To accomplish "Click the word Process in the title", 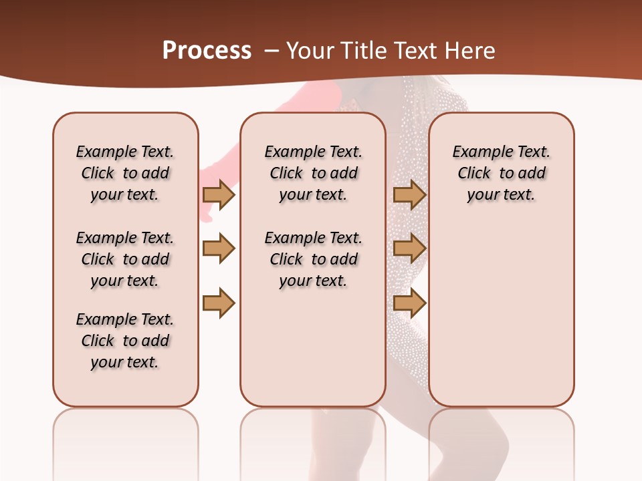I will coord(207,50).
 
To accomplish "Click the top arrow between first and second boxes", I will coord(219,194).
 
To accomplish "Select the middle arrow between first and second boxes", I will coord(219,249).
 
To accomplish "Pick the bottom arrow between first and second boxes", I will coord(219,303).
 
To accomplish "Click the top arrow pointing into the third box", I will coord(409,194).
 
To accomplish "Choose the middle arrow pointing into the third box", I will coord(409,249).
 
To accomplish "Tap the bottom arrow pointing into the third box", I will coord(409,303).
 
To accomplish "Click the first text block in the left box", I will coord(125,173).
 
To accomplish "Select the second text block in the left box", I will coord(125,259).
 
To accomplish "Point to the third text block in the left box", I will coord(125,341).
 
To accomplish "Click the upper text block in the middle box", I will coord(313,173).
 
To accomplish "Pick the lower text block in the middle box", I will coord(313,259).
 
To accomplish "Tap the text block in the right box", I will coord(501,173).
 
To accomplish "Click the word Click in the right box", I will coord(474,173).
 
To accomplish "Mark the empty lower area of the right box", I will coord(501,307).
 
